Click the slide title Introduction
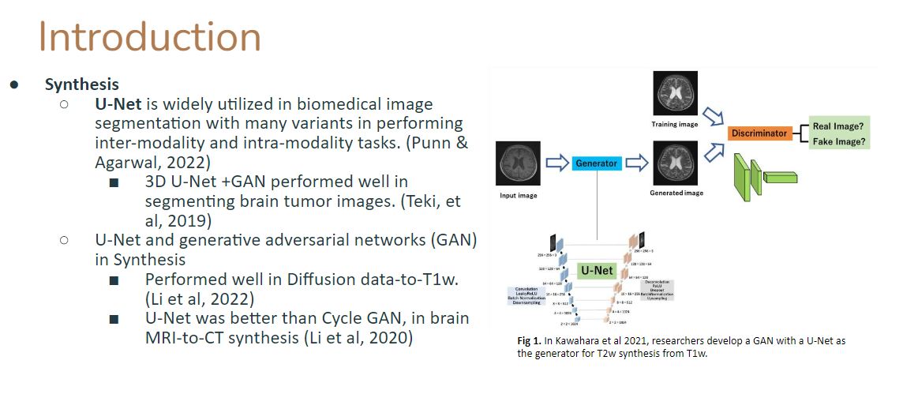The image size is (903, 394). [x=150, y=36]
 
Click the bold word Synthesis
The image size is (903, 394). [x=82, y=84]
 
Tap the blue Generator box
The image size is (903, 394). [x=596, y=163]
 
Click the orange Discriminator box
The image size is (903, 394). [x=759, y=133]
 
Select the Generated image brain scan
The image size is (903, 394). [x=676, y=162]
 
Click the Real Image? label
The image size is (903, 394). [x=839, y=126]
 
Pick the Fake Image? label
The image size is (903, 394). [x=839, y=143]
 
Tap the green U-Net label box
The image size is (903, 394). [x=597, y=270]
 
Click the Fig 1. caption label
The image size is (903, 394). [x=529, y=340]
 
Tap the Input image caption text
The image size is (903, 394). [x=518, y=195]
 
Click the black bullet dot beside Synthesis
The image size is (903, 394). [x=14, y=84]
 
